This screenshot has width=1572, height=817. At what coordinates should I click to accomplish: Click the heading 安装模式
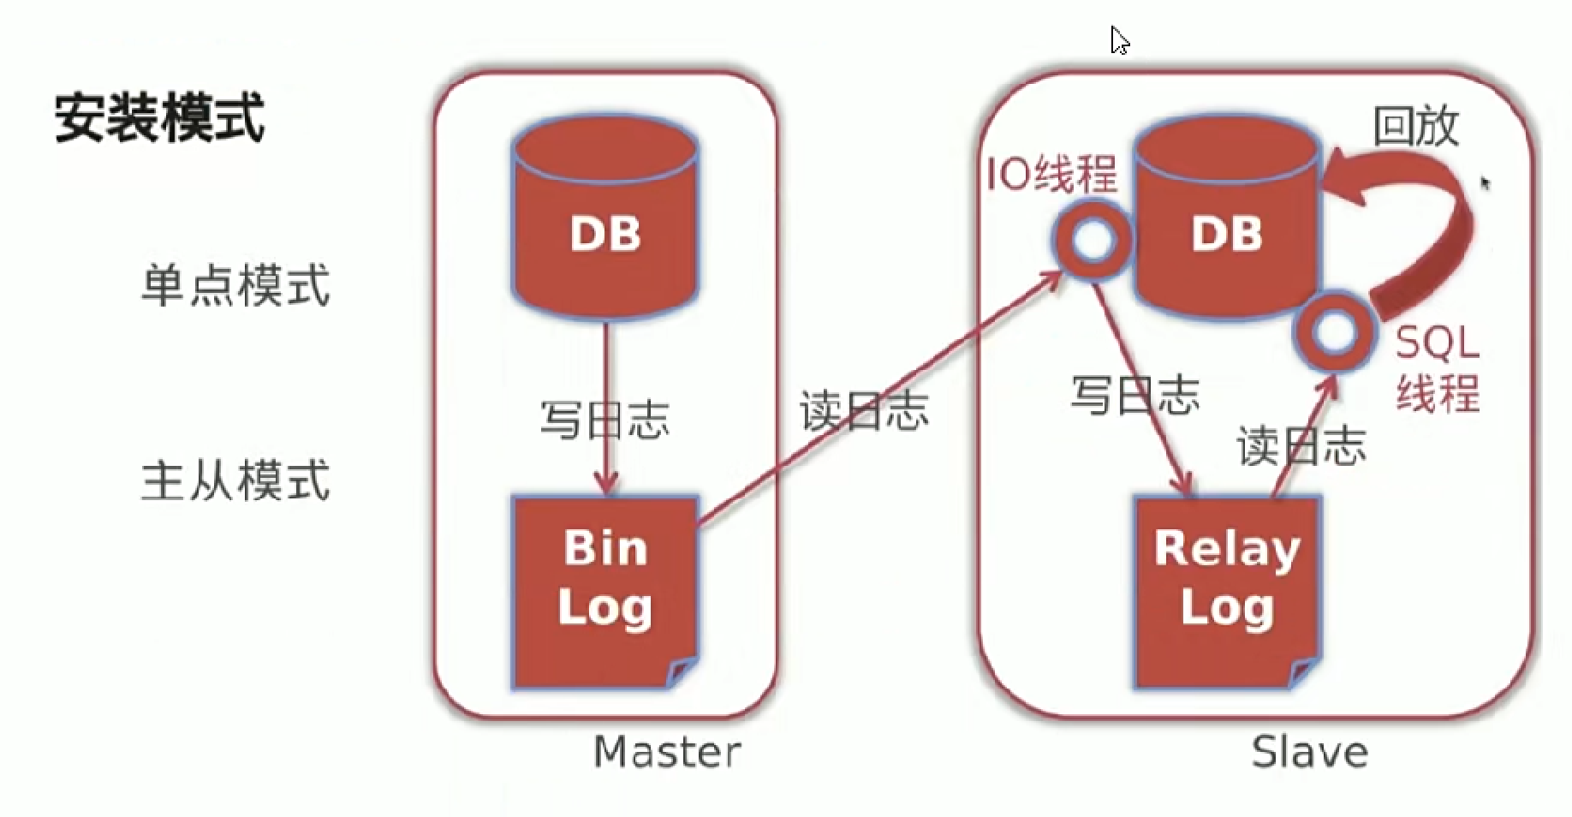tap(160, 117)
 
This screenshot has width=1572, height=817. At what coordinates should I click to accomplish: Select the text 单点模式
tap(235, 284)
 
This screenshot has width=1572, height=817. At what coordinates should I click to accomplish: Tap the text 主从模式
tap(235, 480)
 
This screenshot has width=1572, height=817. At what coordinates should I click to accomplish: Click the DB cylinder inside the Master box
tap(605, 224)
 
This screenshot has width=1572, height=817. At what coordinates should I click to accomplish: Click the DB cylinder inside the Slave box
tap(1226, 224)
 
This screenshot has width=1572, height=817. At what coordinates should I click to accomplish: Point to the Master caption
tap(667, 752)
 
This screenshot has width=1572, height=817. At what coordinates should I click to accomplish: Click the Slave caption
tap(1309, 752)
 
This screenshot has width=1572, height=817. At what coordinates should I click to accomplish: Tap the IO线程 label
tap(1052, 174)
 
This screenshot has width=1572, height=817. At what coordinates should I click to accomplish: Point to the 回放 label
tap(1415, 127)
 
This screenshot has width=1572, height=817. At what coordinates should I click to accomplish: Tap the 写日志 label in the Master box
tap(604, 420)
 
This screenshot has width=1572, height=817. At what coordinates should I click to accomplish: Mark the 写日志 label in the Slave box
tap(1135, 396)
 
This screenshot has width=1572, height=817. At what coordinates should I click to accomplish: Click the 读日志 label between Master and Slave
tap(864, 411)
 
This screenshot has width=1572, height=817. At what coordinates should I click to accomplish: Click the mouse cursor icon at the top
tap(1118, 39)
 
